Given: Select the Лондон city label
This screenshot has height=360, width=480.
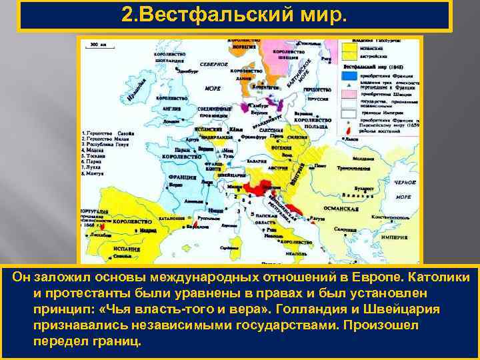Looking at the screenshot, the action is [x=172, y=122].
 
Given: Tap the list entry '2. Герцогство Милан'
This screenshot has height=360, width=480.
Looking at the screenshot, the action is [x=107, y=141].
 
